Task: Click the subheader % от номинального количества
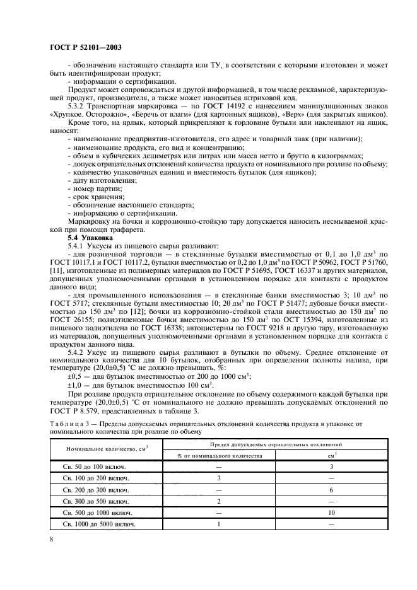coord(218,454)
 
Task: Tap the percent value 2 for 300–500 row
coord(218,500)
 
